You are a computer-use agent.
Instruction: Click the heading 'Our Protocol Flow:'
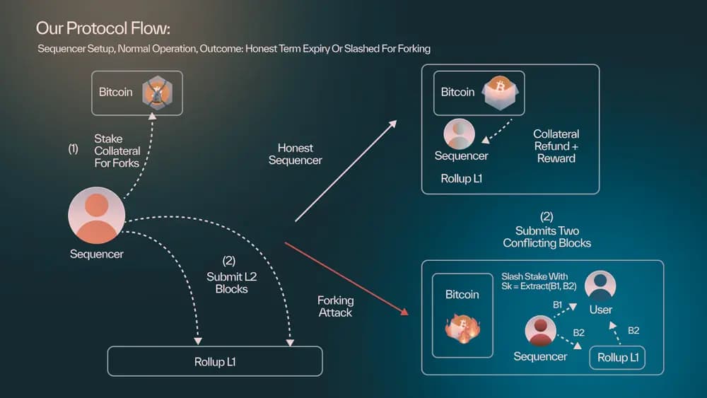[x=103, y=29]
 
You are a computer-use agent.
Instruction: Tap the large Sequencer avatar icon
[x=96, y=216]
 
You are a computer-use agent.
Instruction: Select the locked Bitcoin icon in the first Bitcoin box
[x=157, y=93]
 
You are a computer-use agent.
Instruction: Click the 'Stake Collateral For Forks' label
[x=117, y=151]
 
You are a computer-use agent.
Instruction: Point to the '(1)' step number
[x=73, y=149]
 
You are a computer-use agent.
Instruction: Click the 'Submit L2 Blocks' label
[x=232, y=277]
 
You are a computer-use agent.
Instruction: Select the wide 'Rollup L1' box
[x=214, y=361]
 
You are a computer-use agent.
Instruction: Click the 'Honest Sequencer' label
[x=295, y=154]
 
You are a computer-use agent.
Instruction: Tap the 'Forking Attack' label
[x=334, y=306]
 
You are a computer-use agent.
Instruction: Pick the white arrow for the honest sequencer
[x=346, y=170]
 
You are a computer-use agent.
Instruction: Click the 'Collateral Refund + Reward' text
[x=556, y=146]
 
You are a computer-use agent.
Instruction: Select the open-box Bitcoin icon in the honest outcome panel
[x=501, y=93]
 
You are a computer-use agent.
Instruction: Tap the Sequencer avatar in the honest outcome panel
[x=460, y=134]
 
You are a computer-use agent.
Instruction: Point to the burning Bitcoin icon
[x=462, y=328]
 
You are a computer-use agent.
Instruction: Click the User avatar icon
[x=600, y=286]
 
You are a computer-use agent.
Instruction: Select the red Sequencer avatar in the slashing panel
[x=540, y=331]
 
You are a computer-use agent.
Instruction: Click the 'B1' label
[x=558, y=305]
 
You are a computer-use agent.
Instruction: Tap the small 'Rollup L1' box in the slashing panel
[x=617, y=358]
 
